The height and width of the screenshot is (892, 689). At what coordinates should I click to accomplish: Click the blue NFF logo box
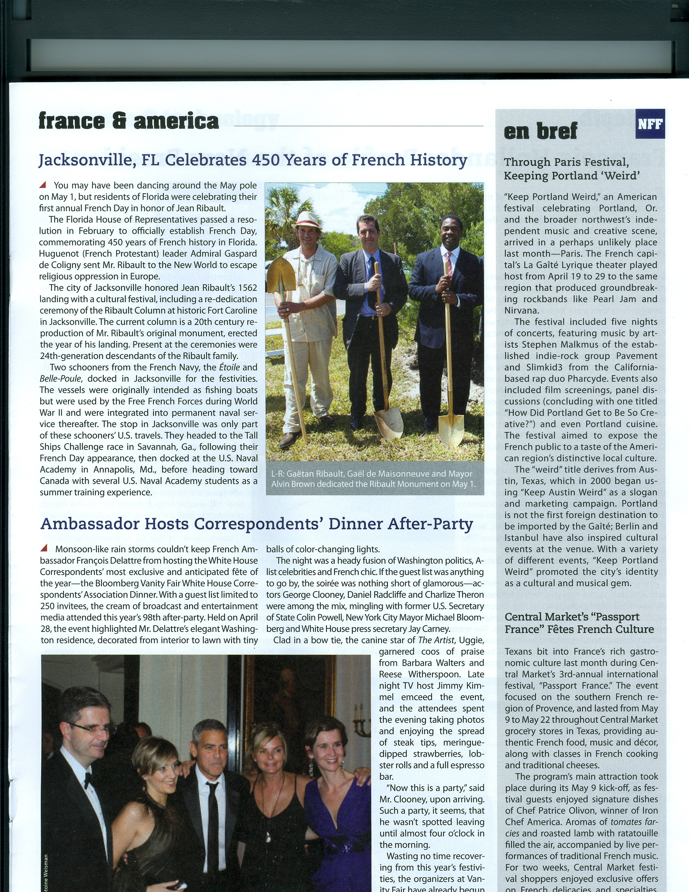(x=650, y=124)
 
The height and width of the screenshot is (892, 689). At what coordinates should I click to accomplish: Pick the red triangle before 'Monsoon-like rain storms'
(x=45, y=548)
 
